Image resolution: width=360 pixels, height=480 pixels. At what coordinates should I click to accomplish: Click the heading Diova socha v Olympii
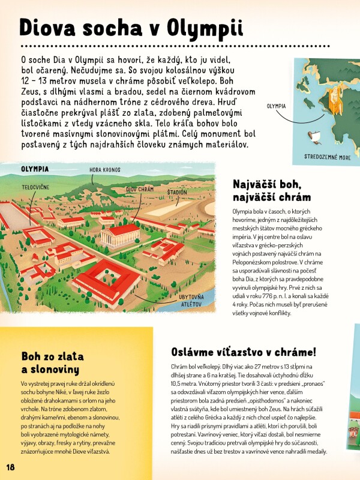131,29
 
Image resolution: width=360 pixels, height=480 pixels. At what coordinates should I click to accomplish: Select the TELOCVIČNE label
35,187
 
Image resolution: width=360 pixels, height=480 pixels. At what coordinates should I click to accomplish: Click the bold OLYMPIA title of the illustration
35,169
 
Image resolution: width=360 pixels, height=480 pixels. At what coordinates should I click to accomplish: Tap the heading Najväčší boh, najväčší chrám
271,190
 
